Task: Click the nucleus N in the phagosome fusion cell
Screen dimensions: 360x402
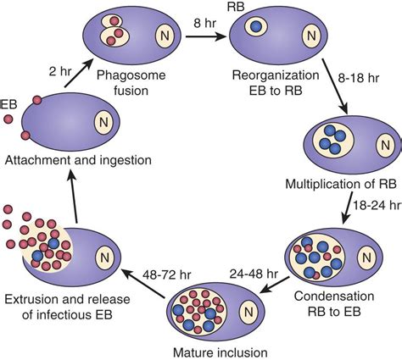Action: [x=166, y=36]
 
